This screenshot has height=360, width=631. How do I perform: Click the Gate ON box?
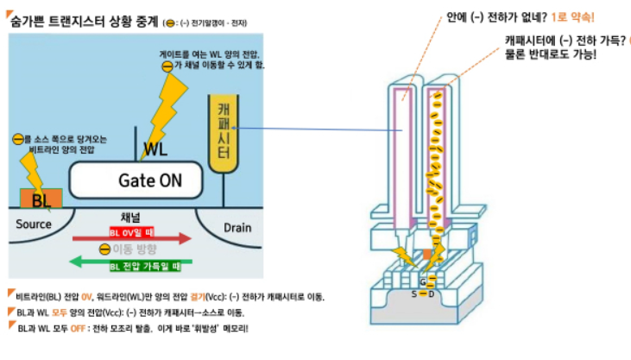pyautogui.click(x=136, y=180)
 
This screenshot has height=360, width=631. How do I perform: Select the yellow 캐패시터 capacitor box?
pyautogui.click(x=223, y=130)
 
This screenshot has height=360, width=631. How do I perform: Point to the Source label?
pyautogui.click(x=35, y=224)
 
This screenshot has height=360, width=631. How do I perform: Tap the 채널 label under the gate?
pyautogui.click(x=130, y=218)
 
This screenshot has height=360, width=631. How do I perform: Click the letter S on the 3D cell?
pyautogui.click(x=413, y=294)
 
